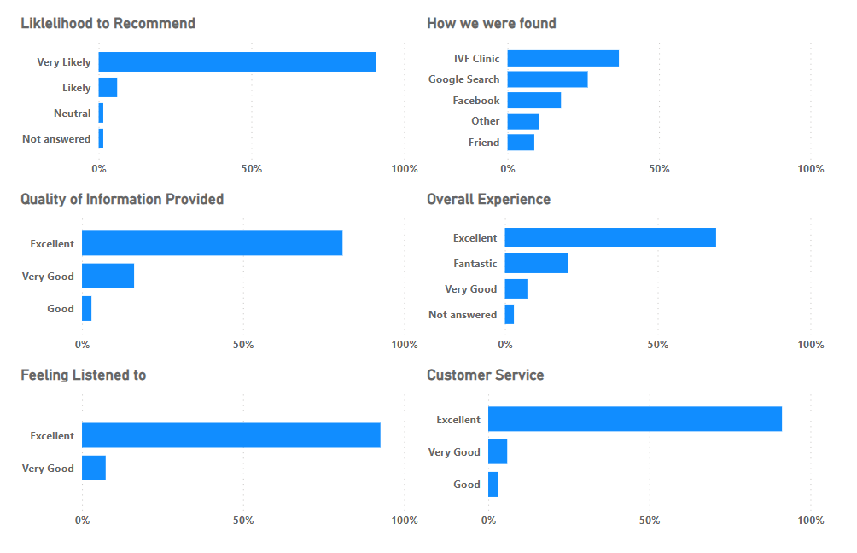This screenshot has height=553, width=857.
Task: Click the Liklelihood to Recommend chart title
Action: point(108,23)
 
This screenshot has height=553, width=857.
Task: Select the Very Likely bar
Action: point(237,61)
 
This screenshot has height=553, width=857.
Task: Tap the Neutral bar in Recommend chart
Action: point(101,113)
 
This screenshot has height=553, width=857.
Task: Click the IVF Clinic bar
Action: point(563,58)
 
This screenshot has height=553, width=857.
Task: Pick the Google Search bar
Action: point(547,79)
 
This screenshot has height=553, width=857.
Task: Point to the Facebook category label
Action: point(476,100)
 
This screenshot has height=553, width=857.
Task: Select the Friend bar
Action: point(521,142)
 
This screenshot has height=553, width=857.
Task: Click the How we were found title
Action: point(492,23)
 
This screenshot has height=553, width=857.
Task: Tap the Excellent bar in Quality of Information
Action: point(212,243)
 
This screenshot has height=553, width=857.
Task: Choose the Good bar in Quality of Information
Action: point(87,308)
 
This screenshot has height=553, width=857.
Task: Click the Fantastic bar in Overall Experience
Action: point(536,263)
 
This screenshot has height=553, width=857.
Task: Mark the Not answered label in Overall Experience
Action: point(463,314)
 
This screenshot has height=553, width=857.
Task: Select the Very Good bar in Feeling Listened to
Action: point(94,468)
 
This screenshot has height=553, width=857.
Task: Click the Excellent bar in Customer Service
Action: point(635,419)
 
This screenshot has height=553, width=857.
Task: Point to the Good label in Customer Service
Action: point(467,484)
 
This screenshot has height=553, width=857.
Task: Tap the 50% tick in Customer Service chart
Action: point(650,521)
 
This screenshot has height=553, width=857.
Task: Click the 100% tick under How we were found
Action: point(811,169)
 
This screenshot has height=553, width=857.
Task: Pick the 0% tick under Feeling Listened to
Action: point(83,521)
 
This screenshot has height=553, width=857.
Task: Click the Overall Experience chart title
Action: point(488,199)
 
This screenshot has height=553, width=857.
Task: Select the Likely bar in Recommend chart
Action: point(108,87)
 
